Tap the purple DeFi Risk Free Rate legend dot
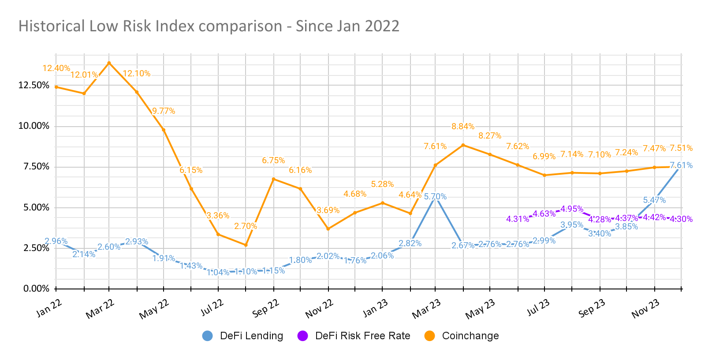click(x=302, y=336)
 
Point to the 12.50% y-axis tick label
click(x=34, y=85)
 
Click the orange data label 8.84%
click(x=463, y=127)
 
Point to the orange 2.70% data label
click(x=246, y=226)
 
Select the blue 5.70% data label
click(x=435, y=197)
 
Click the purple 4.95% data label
click(x=572, y=209)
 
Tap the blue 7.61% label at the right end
click(x=681, y=165)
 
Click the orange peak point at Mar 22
click(x=109, y=63)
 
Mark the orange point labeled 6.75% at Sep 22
click(x=274, y=179)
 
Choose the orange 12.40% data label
click(x=56, y=68)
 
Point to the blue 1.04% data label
click(x=218, y=272)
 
